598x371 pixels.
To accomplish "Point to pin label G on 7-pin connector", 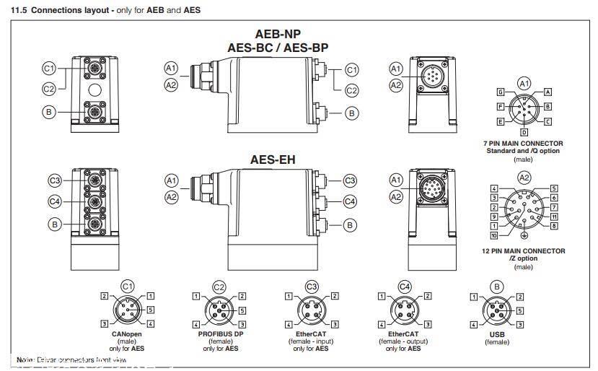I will coord(500,92).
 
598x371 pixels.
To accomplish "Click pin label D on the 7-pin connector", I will coord(524,133).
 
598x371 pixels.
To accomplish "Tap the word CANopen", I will coord(127,334).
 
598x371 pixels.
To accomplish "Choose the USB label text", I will coord(497,334).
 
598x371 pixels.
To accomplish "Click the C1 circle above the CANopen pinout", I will coord(127,287).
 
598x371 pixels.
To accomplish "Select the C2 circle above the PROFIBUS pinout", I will coord(219,287).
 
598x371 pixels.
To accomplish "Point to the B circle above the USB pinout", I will coord(497,287).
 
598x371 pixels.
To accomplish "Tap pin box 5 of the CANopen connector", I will coord(151,310).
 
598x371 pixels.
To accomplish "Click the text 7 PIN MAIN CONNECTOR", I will coord(523,144).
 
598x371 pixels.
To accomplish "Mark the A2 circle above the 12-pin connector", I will coord(524,178).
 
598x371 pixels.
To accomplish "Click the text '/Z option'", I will coord(524,258).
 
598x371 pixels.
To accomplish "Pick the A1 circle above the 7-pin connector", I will coord(524,84).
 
